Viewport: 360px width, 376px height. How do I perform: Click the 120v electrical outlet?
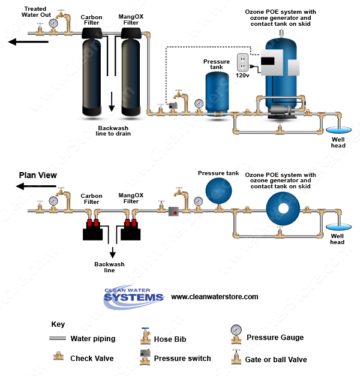tap(242, 63)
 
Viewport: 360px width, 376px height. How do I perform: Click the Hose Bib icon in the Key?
tap(145, 338)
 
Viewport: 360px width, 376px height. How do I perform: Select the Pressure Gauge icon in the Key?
tap(236, 334)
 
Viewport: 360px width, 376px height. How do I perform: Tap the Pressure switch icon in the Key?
tap(145, 357)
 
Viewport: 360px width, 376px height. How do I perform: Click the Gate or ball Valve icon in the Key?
tap(236, 358)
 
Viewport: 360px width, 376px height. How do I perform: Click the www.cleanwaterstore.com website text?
tap(214, 297)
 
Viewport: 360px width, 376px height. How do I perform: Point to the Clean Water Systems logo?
tap(133, 296)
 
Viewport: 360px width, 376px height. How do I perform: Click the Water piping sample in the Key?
tap(58, 339)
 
